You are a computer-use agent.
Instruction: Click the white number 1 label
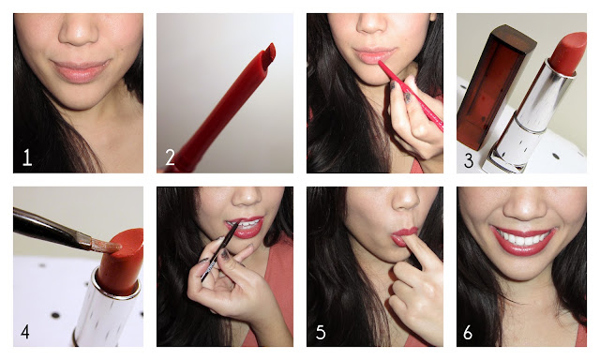(x=27, y=157)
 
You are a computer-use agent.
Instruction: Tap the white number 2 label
(x=171, y=157)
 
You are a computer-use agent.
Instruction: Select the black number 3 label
(x=469, y=160)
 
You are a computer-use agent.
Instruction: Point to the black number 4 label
(x=25, y=332)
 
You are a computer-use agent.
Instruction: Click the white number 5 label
(x=321, y=333)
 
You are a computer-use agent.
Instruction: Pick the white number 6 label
(x=468, y=333)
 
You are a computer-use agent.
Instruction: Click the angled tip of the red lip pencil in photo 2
(x=270, y=52)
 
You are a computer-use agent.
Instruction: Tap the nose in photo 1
(x=79, y=33)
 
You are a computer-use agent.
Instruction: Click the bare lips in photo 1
(x=80, y=70)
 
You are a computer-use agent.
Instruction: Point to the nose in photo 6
(x=525, y=204)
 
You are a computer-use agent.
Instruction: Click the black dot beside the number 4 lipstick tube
(x=55, y=315)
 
